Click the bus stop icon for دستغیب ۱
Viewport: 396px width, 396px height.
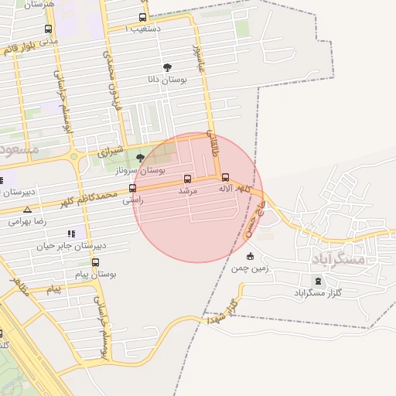click(142, 17)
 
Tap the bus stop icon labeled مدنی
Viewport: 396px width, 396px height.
click(49, 29)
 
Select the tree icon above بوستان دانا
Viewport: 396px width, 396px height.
click(168, 67)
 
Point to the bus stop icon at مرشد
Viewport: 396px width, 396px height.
click(188, 179)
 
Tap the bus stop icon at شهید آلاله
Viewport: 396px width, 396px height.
click(225, 177)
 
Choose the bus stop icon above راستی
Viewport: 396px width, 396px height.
click(132, 188)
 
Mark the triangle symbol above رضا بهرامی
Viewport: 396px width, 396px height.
click(28, 210)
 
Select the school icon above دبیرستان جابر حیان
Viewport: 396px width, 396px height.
click(72, 234)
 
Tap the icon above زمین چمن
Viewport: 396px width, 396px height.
click(249, 257)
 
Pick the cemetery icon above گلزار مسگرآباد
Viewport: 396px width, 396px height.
click(317, 281)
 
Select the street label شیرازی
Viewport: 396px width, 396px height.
click(116, 151)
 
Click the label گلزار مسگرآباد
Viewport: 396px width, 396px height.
click(318, 294)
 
